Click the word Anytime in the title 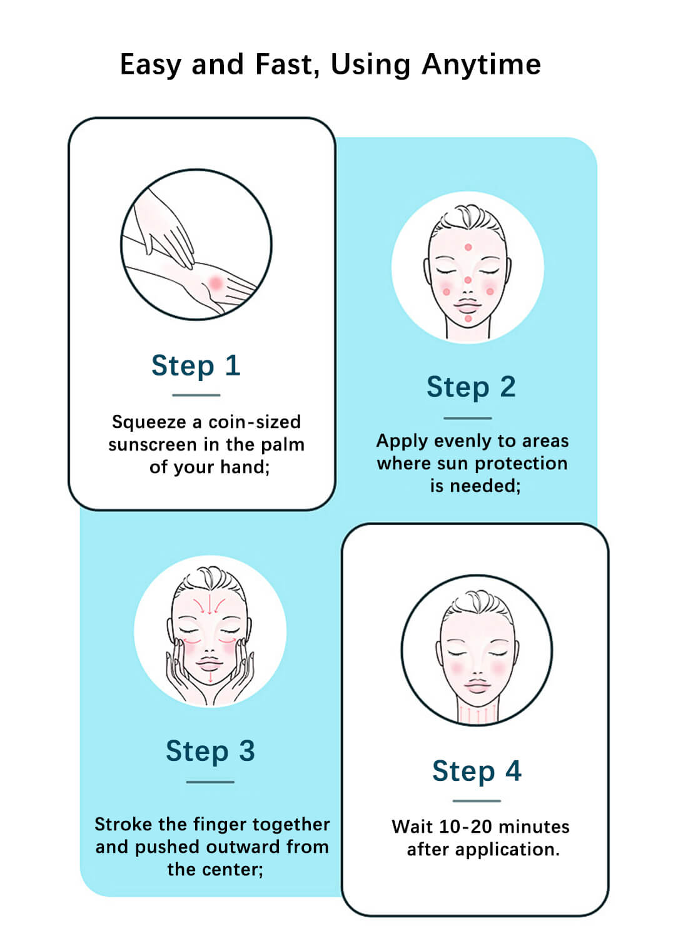click(x=481, y=64)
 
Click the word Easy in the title click(x=150, y=65)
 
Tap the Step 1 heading click(x=196, y=365)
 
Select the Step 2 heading click(x=471, y=387)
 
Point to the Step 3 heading click(x=210, y=751)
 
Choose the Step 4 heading click(x=477, y=771)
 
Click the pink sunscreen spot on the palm click(x=215, y=283)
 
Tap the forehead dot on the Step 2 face click(x=468, y=248)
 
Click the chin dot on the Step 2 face click(x=468, y=319)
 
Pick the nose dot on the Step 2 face click(x=468, y=280)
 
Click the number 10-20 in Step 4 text click(x=465, y=827)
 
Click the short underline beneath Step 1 click(x=196, y=395)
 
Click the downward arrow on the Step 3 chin click(x=211, y=676)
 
